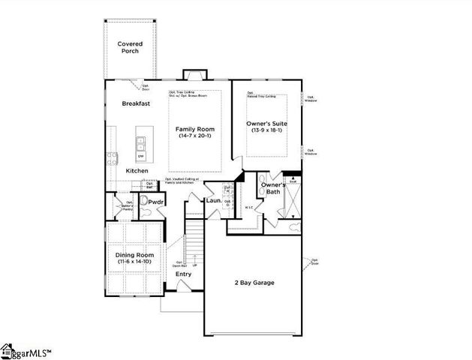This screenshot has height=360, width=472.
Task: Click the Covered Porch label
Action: (x=130, y=47)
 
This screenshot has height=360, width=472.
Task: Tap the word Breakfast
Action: (x=136, y=103)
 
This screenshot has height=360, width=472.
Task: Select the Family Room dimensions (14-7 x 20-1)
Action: (x=195, y=136)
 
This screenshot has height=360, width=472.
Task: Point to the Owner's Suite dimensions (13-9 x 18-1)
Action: (x=266, y=130)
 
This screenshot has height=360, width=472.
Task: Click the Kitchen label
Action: (x=137, y=171)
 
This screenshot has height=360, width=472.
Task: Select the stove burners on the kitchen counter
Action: (x=112, y=157)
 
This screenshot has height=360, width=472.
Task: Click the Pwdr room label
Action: (x=155, y=202)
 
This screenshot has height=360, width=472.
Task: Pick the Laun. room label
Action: (x=213, y=202)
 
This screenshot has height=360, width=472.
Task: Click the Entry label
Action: (x=183, y=274)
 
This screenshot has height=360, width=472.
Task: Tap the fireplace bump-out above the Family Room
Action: (x=194, y=73)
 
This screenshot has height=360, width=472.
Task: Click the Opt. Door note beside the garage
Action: (x=314, y=262)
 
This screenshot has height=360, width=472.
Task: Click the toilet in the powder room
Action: (x=147, y=212)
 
